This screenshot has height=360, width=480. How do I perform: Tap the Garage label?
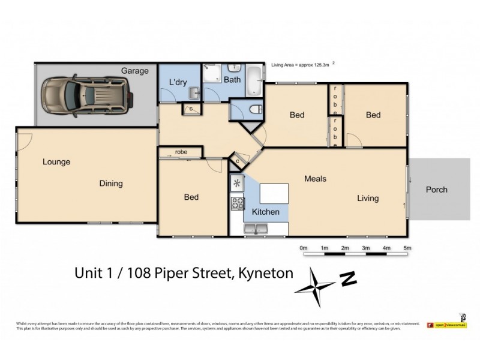pyautogui.click(x=135, y=71)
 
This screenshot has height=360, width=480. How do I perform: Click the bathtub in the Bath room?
pyautogui.click(x=254, y=79)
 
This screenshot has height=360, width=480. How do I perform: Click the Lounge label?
pyautogui.click(x=56, y=162)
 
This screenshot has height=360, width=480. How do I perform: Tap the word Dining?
pyautogui.click(x=111, y=184)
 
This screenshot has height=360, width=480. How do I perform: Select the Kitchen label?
pyautogui.click(x=265, y=212)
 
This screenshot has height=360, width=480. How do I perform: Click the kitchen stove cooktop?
pyautogui.click(x=237, y=203)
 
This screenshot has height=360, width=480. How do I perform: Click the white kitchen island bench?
pyautogui.click(x=274, y=194)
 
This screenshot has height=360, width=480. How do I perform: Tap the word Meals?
pyautogui.click(x=315, y=179)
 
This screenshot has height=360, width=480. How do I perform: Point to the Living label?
pyautogui.click(x=368, y=198)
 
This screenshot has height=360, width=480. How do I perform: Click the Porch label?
pyautogui.click(x=436, y=190)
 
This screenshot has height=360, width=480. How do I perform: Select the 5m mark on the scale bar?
pyautogui.click(x=407, y=248)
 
